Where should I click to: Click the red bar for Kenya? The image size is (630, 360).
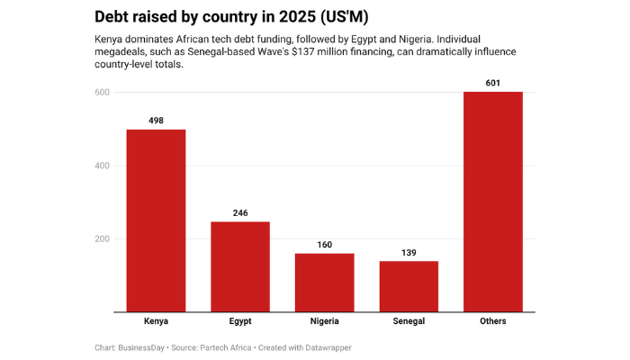[156, 220]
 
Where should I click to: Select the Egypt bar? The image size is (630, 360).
[240, 266]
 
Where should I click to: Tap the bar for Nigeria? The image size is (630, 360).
[324, 283]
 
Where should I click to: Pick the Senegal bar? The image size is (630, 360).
[409, 286]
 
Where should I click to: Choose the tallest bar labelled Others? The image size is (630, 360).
[492, 202]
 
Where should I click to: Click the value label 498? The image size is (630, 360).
[156, 121]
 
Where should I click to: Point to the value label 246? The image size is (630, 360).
[240, 212]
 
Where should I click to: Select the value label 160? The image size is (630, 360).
[324, 244]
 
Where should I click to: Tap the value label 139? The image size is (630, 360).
[409, 252]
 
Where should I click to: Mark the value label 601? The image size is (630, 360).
[492, 83]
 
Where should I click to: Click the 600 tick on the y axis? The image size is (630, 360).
[102, 93]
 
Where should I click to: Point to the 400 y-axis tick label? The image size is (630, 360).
[102, 166]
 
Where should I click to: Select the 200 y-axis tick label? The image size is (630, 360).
[102, 239]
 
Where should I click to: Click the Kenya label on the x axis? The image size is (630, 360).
[156, 321]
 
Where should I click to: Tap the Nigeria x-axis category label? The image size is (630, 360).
[324, 321]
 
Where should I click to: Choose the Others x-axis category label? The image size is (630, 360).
[492, 321]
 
